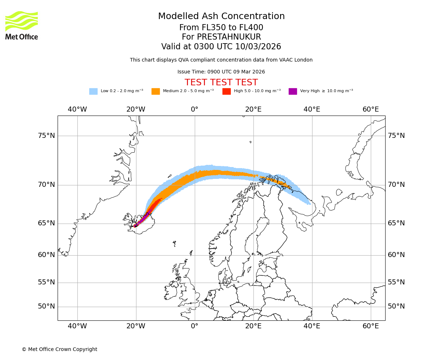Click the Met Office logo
(x=22, y=25)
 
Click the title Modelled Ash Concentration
(x=221, y=16)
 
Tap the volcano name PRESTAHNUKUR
(x=221, y=37)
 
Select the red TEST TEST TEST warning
(x=221, y=82)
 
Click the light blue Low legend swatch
(x=93, y=91)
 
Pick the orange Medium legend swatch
(x=156, y=91)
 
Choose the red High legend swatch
(x=226, y=91)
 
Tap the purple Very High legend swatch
(x=293, y=91)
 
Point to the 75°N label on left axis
(x=46, y=136)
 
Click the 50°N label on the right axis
(x=396, y=306)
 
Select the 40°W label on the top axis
(x=77, y=109)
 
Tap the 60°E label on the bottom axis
(x=371, y=326)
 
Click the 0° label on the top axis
(x=195, y=109)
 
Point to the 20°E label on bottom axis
(x=253, y=326)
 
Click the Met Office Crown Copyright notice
(x=59, y=349)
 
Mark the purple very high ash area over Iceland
(x=143, y=219)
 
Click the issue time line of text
(x=221, y=72)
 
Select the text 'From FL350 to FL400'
(x=221, y=28)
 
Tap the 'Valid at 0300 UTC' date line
(x=221, y=47)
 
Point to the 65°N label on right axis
(x=396, y=223)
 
